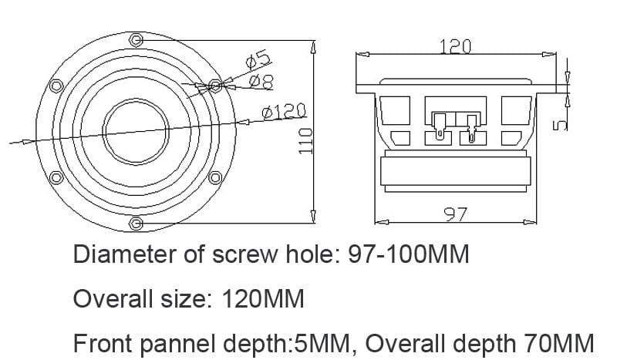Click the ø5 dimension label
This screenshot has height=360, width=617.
coord(258,59)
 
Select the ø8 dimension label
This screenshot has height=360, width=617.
coord(261,82)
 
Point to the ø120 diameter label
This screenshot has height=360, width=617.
coord(284,111)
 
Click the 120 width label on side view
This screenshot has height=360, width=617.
coord(455,46)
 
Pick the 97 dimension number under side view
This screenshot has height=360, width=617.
coord(456,214)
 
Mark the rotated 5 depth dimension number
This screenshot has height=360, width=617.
coord(560,125)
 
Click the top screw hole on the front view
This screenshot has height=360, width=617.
coord(136,40)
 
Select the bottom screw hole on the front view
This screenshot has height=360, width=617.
coord(136,224)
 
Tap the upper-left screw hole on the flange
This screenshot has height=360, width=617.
coord(56,86)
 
